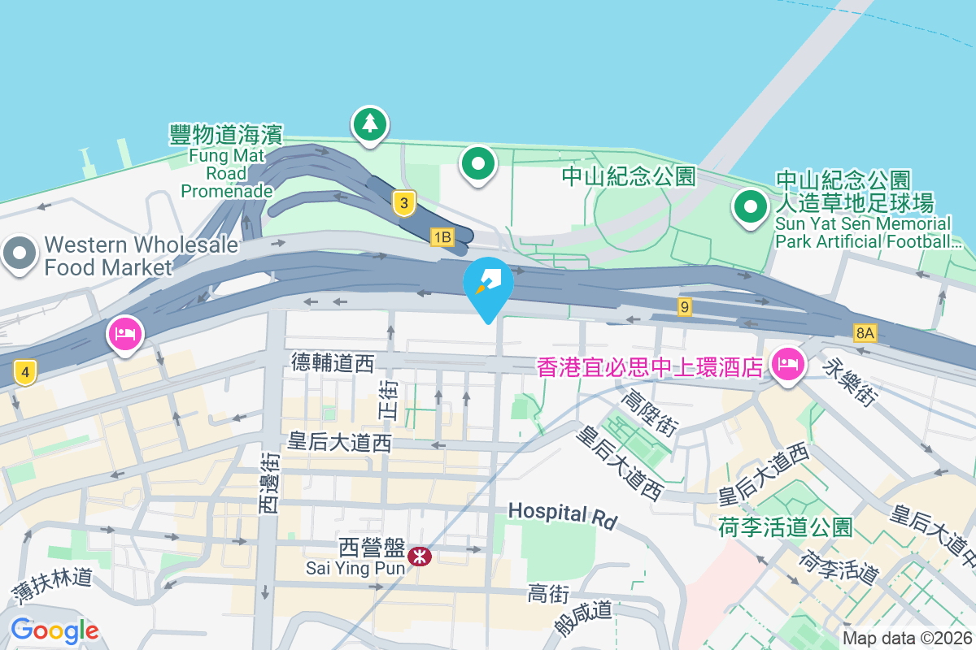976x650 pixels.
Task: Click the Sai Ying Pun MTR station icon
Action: click(x=420, y=557)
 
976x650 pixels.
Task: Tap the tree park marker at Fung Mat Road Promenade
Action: click(x=370, y=124)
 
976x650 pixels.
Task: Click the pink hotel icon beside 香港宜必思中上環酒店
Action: click(x=786, y=365)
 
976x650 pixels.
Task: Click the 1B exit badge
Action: click(x=442, y=237)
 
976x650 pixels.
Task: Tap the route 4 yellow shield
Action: click(x=26, y=374)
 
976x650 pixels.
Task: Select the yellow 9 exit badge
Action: click(x=686, y=306)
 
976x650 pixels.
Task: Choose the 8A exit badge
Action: click(x=865, y=332)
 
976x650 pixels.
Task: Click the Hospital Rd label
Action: click(x=563, y=514)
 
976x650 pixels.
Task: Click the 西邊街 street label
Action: click(x=269, y=483)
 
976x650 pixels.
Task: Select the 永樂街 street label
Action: click(x=852, y=381)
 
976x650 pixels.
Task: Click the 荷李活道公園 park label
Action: click(x=785, y=527)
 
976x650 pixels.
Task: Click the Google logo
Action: click(x=54, y=630)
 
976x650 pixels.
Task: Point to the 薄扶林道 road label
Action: click(x=51, y=586)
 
